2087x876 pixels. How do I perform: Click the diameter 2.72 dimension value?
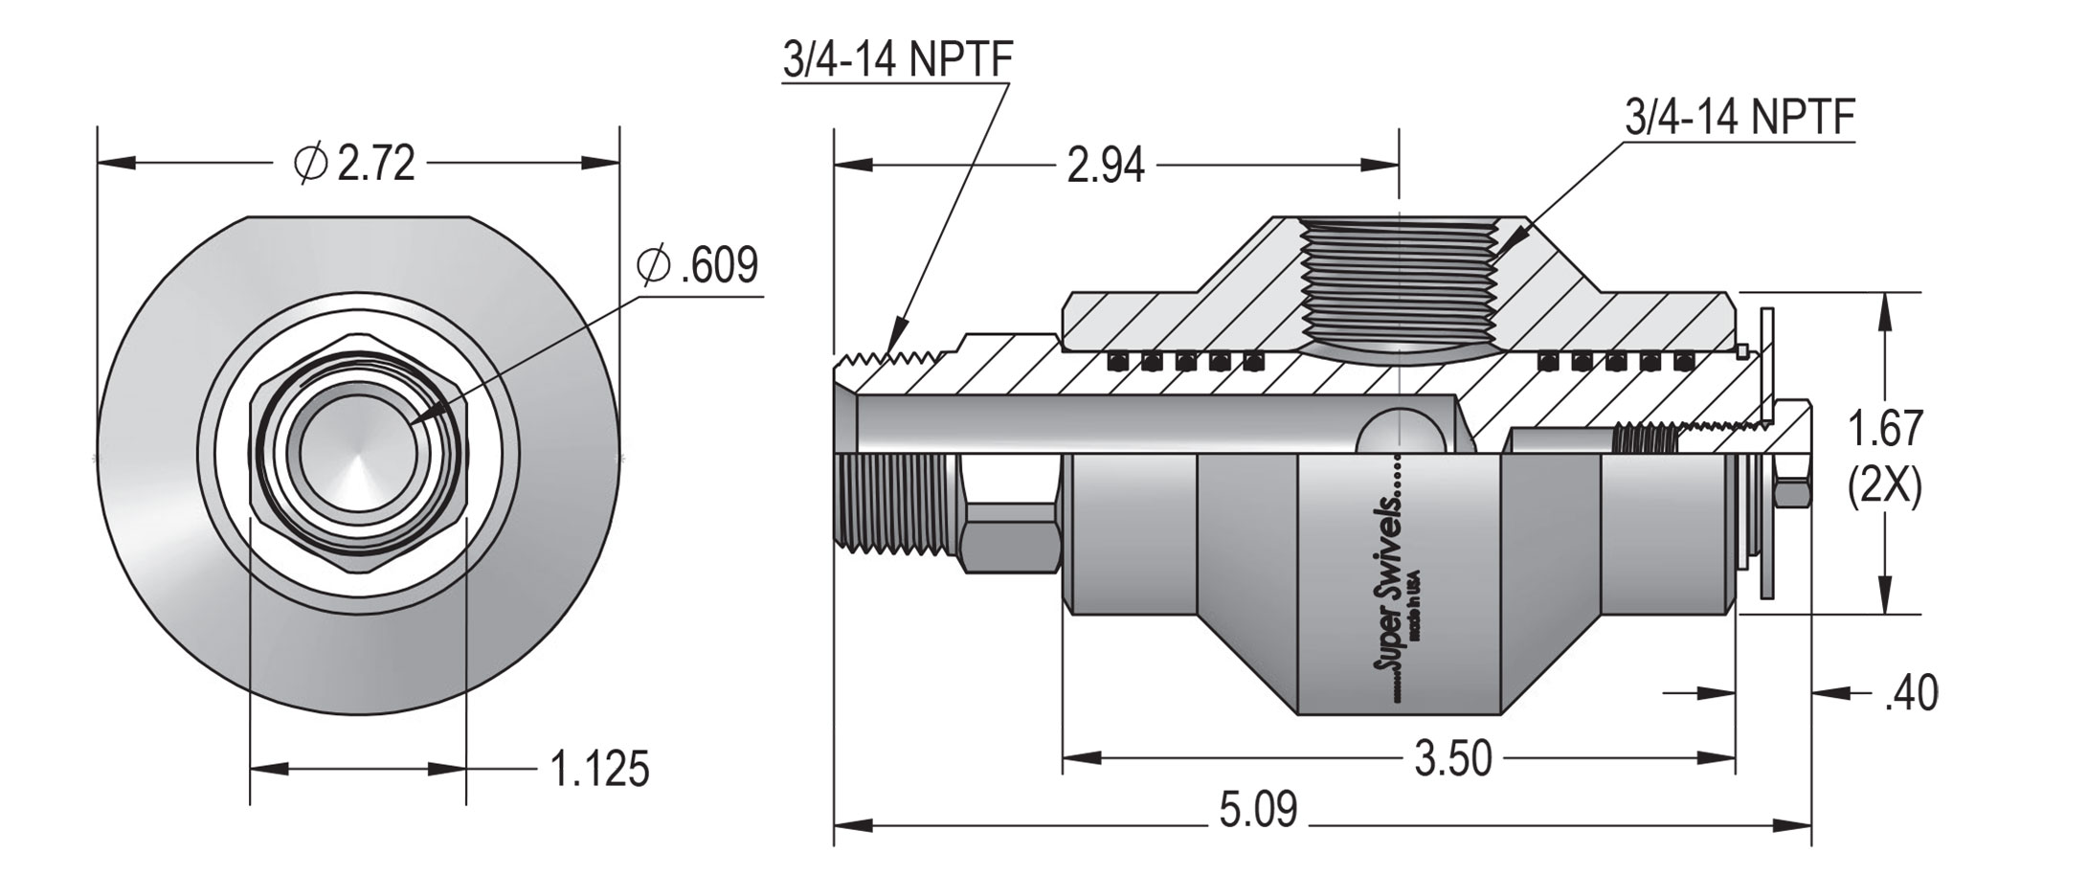[x=376, y=164]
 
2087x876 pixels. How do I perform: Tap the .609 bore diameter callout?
[x=718, y=265]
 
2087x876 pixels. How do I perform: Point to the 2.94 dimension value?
[x=1105, y=167]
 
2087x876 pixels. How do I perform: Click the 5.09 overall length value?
[x=1258, y=810]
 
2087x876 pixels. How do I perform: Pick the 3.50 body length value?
[x=1453, y=759]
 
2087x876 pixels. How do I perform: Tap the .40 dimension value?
[x=1910, y=693]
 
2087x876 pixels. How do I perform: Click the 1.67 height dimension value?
[x=1884, y=430]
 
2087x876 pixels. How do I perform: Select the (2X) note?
[x=1884, y=488]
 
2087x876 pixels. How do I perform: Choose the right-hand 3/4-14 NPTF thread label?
[x=1739, y=120]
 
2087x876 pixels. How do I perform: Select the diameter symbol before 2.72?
[x=311, y=164]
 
